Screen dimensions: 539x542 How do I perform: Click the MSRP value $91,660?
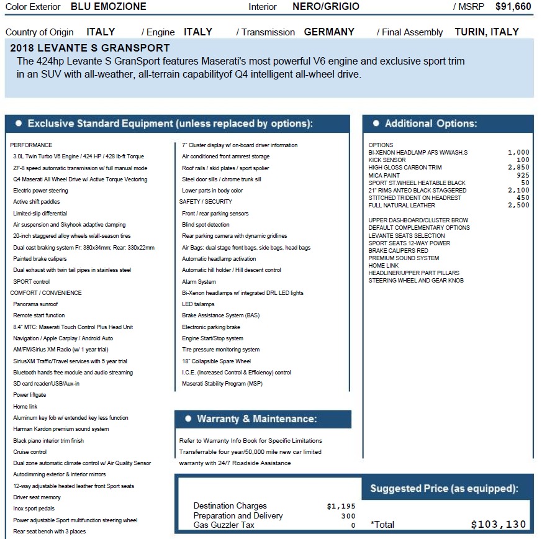tap(513, 7)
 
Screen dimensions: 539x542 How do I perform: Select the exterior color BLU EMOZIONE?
tap(109, 7)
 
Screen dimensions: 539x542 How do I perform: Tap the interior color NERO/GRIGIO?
tap(325, 7)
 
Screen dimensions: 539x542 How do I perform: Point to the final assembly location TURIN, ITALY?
tap(486, 32)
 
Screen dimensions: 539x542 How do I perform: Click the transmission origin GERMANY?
tap(329, 32)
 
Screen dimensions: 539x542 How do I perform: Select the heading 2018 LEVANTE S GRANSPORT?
tap(90, 48)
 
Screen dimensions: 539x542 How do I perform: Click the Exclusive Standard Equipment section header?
tap(169, 124)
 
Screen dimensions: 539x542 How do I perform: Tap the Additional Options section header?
tap(430, 124)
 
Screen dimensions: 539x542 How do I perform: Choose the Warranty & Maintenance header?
tap(256, 419)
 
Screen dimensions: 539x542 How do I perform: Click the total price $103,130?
tap(499, 524)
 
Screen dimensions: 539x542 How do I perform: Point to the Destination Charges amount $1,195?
tap(341, 506)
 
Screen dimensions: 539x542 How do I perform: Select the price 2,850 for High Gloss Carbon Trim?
tap(518, 168)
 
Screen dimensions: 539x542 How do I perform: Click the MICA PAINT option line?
tap(384, 176)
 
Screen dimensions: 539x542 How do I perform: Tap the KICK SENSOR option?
tap(387, 160)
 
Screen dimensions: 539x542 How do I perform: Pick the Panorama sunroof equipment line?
tap(35, 304)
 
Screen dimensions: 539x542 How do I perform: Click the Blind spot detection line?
tap(206, 225)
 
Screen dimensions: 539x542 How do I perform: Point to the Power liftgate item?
tap(30, 395)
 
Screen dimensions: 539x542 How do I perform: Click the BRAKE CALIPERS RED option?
tap(398, 251)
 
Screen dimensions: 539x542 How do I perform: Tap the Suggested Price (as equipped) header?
tap(444, 488)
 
